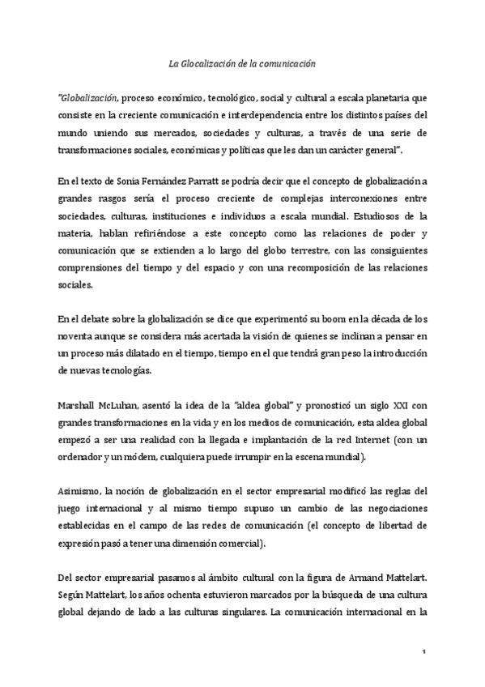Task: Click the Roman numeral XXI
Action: tap(391, 403)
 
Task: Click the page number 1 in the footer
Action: tap(423, 651)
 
